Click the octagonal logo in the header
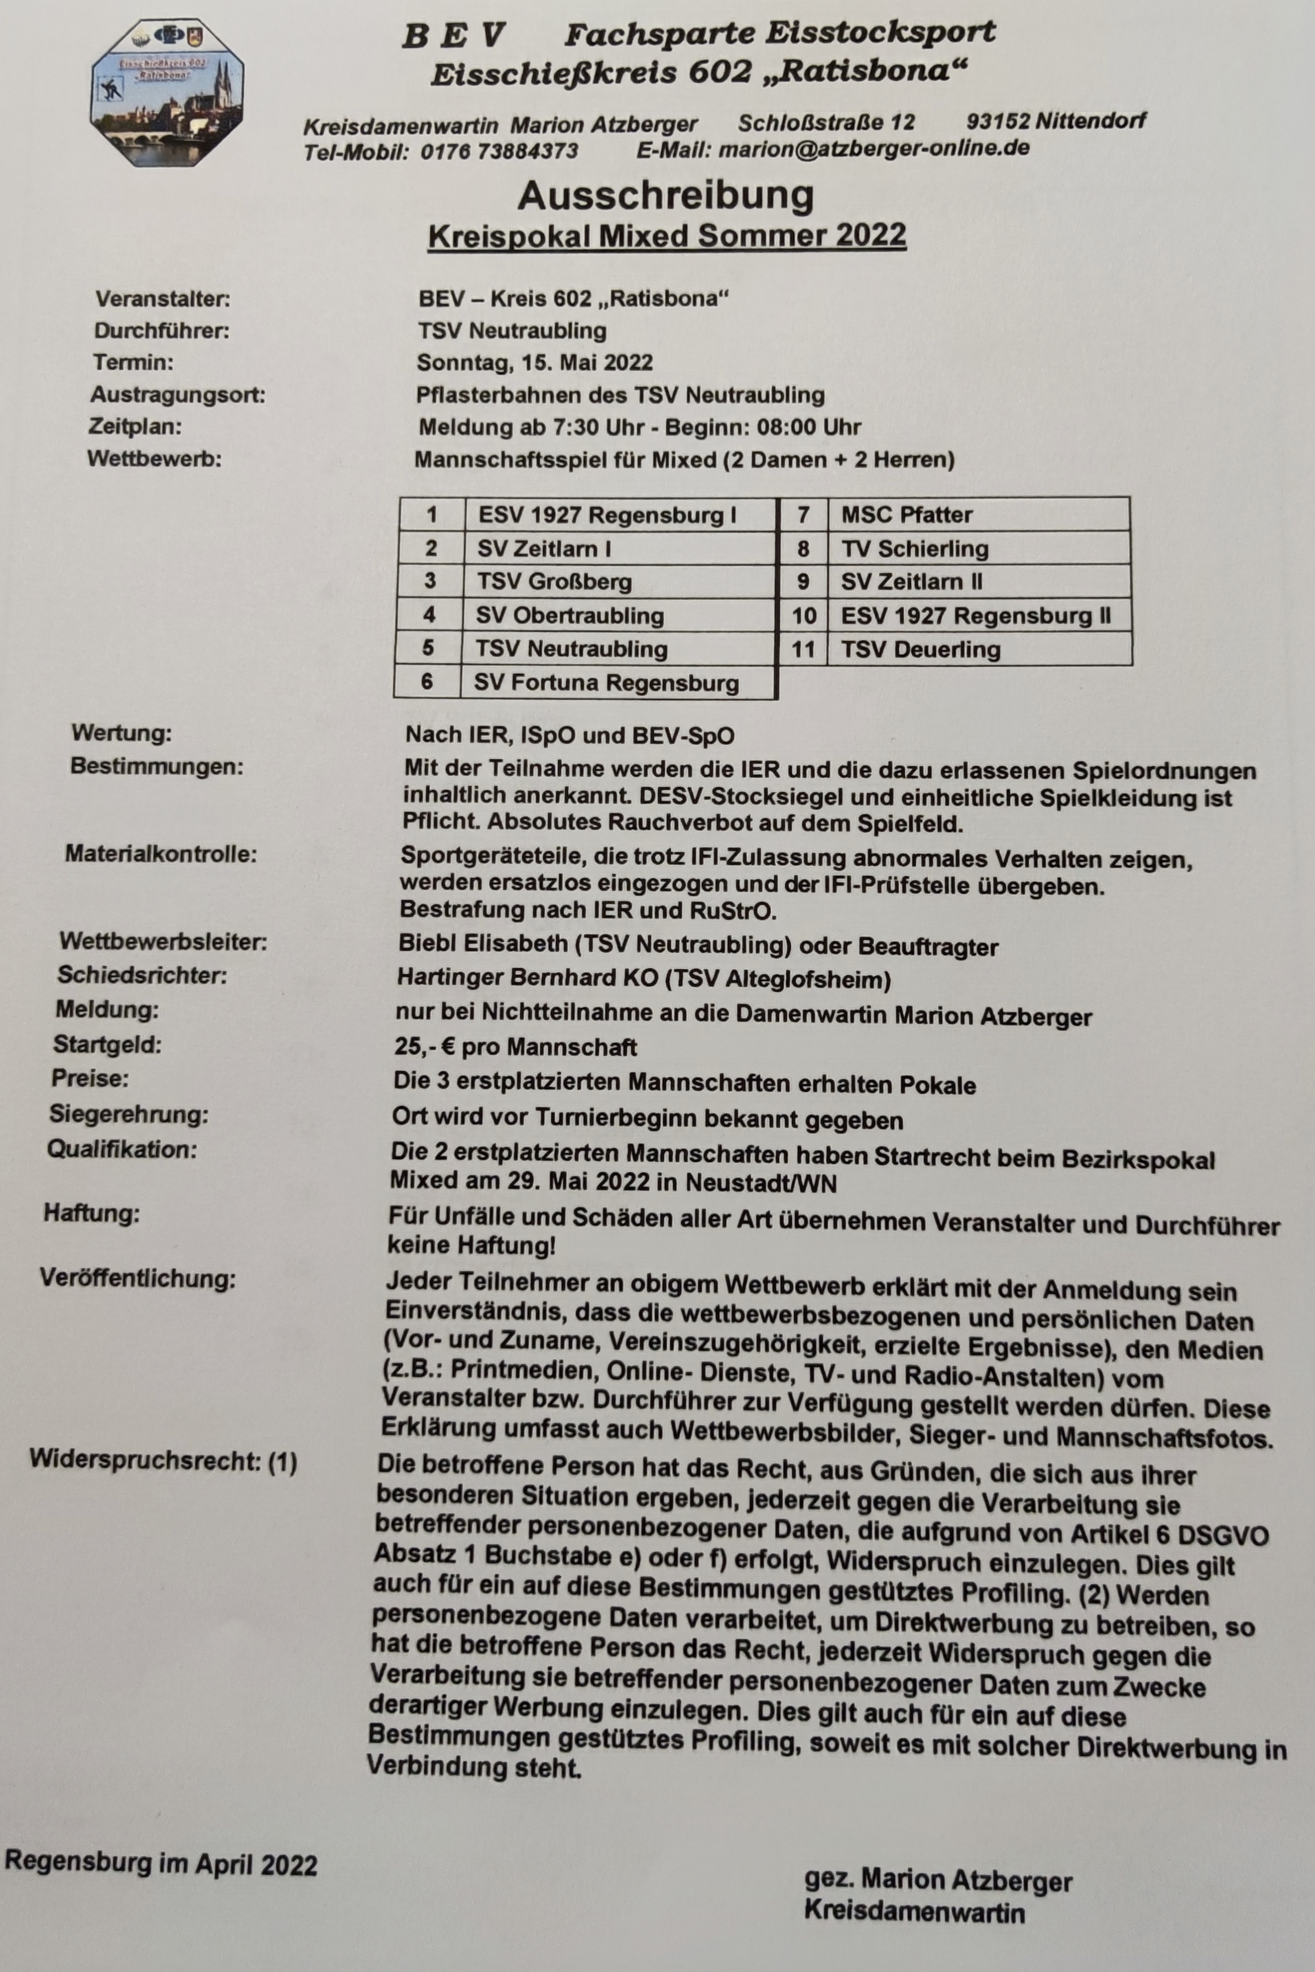(166, 93)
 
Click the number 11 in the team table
(803, 649)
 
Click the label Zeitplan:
(135, 427)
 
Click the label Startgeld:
(107, 1045)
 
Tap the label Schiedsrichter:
(142, 976)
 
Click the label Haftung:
(91, 1213)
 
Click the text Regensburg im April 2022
(161, 1864)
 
